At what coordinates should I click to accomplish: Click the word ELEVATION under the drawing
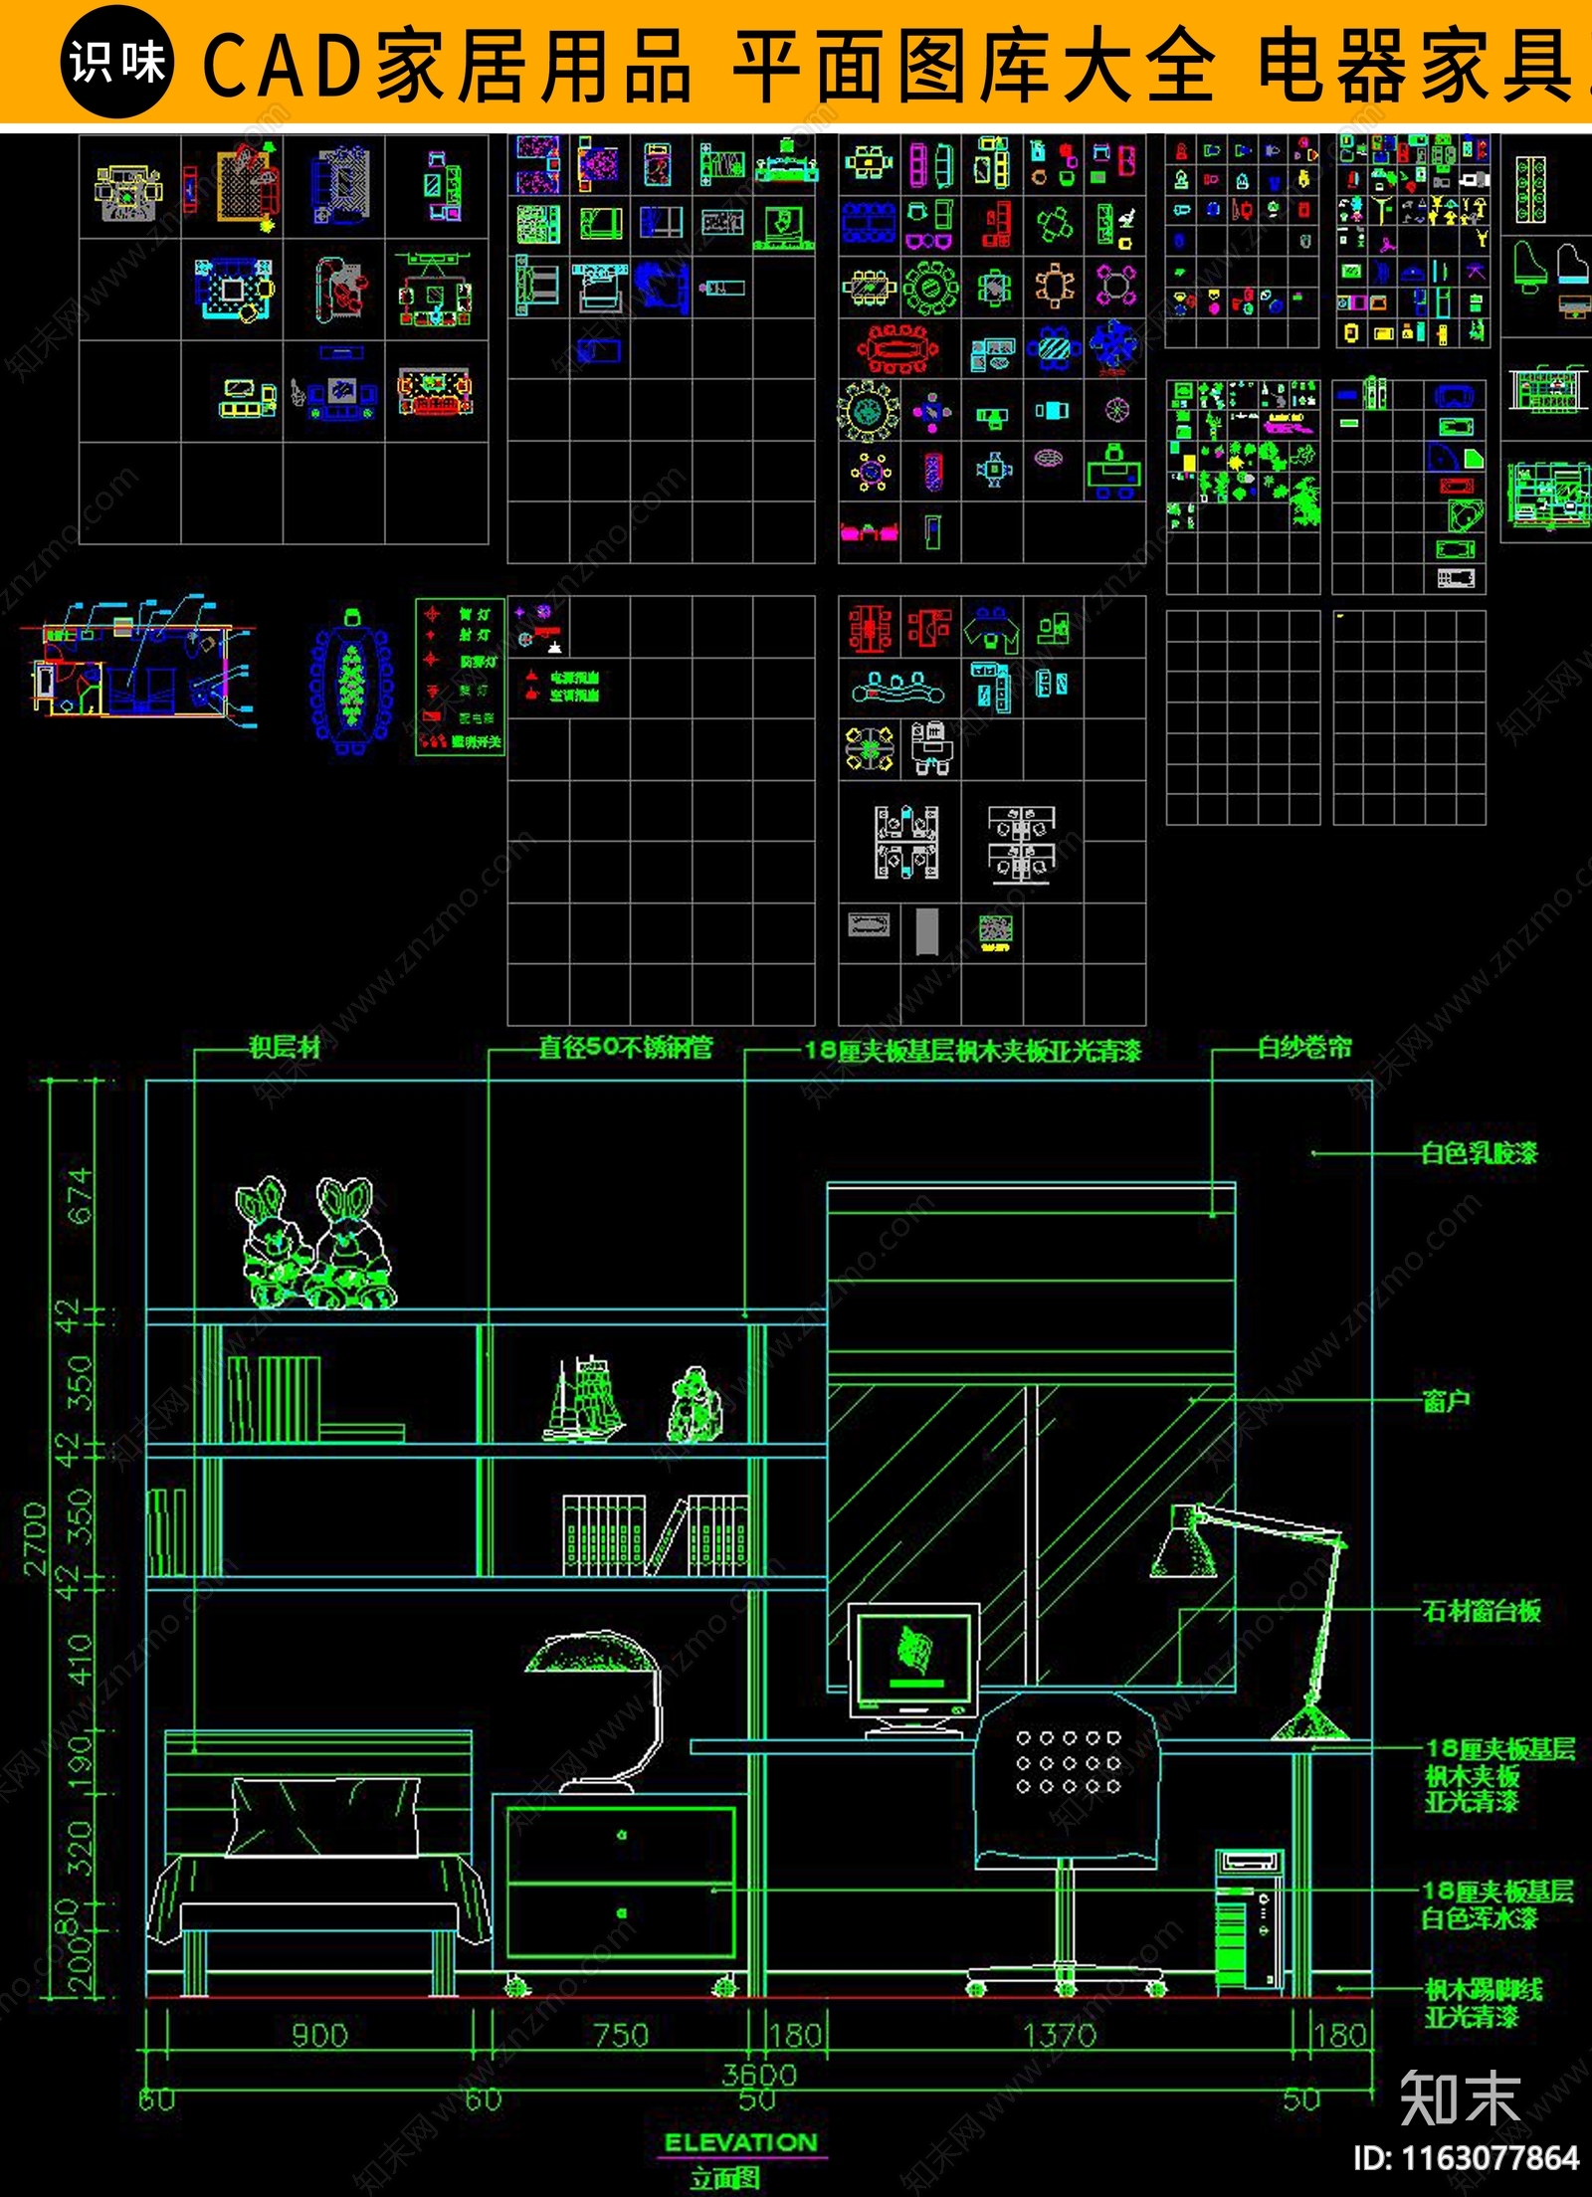[x=740, y=2142]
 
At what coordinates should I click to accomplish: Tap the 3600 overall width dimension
[x=759, y=2075]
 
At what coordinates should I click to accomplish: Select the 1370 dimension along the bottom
[x=1060, y=2035]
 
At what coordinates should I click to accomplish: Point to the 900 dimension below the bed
[x=319, y=2035]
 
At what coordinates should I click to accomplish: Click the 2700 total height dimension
[x=36, y=1539]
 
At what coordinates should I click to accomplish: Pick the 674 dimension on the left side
[x=80, y=1196]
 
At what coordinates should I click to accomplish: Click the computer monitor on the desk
[x=913, y=1659]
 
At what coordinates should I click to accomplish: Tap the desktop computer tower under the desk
[x=1248, y=1919]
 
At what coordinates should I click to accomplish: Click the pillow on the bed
[x=324, y=1818]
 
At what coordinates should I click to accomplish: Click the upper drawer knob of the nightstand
[x=622, y=1835]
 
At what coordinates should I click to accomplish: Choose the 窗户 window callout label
[x=1446, y=1401]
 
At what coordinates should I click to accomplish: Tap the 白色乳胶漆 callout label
[x=1479, y=1153]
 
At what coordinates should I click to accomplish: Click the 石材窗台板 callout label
[x=1482, y=1610]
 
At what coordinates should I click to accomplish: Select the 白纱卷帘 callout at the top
[x=1304, y=1047]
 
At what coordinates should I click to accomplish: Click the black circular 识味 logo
[x=117, y=62]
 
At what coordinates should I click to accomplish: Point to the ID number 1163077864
[x=1466, y=2157]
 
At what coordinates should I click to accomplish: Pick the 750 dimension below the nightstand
[x=621, y=2035]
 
